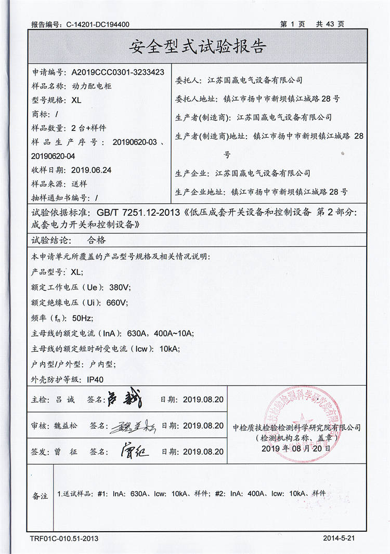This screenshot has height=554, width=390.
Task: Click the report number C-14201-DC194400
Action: [x=98, y=24]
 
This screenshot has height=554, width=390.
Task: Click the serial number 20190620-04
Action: [x=54, y=156]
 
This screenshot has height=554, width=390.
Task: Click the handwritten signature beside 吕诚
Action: [x=124, y=399]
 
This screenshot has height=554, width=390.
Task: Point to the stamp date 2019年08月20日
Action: [x=296, y=449]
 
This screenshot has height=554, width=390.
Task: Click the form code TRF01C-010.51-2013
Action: [x=64, y=538]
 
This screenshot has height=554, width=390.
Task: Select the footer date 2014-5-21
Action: [x=339, y=538]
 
